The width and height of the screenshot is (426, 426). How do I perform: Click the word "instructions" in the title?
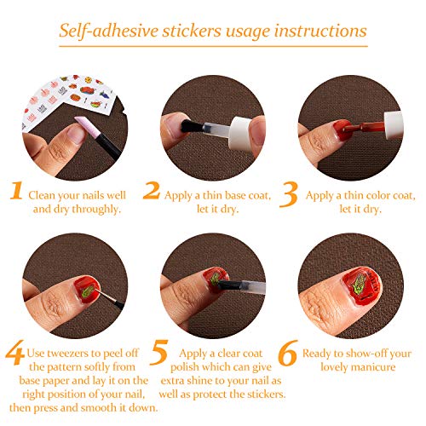click(320, 32)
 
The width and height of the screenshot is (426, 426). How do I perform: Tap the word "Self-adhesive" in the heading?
click(108, 31)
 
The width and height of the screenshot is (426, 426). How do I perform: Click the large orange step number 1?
click(16, 191)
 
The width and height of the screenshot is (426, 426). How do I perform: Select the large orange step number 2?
click(152, 190)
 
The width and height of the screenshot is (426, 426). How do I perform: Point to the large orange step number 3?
click(289, 194)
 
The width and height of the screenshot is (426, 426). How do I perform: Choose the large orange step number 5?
click(159, 352)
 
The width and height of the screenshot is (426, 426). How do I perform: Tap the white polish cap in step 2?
click(241, 134)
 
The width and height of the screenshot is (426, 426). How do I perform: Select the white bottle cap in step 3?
click(394, 125)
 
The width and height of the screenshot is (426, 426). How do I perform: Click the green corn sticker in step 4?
click(88, 291)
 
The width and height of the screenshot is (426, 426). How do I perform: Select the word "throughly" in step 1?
click(96, 210)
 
